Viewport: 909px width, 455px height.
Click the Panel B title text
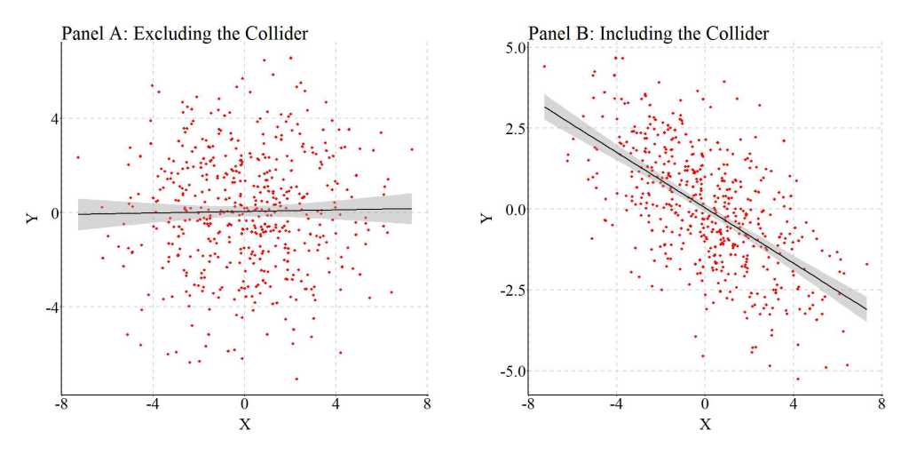(648, 34)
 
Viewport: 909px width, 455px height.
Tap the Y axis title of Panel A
(33, 214)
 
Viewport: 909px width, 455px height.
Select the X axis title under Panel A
(245, 423)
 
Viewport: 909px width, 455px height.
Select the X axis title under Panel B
(705, 423)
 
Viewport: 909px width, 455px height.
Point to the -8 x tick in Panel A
(59, 403)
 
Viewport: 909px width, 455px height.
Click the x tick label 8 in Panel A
(428, 403)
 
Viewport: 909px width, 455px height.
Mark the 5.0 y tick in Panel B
(513, 47)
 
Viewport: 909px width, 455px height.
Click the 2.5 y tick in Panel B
(513, 129)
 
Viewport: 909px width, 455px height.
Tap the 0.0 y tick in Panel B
(513, 210)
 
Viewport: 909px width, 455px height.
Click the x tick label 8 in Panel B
(881, 403)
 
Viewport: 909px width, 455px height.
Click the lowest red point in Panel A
(296, 379)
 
